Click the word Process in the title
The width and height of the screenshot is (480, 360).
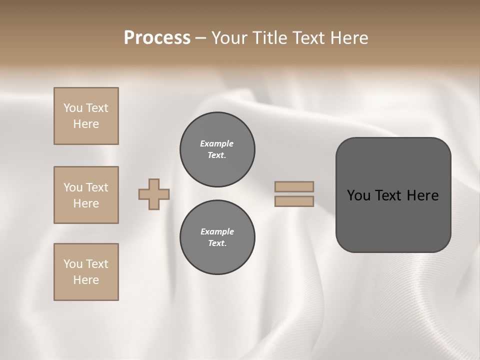pyautogui.click(x=157, y=38)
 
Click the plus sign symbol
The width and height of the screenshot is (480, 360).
pyautogui.click(x=154, y=194)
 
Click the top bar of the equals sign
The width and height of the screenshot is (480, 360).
pyautogui.click(x=294, y=186)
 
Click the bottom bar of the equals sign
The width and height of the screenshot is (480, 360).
pyautogui.click(x=294, y=201)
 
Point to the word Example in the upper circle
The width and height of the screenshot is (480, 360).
pyautogui.click(x=217, y=143)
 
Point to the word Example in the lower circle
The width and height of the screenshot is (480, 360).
pyautogui.click(x=217, y=231)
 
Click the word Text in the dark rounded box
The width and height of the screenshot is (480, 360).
pyautogui.click(x=389, y=195)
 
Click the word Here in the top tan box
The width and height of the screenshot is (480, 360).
pyautogui.click(x=86, y=124)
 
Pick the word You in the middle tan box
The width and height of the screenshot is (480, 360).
pyautogui.click(x=72, y=187)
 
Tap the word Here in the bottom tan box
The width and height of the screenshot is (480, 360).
pyautogui.click(x=86, y=280)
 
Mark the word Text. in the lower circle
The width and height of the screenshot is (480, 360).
pyautogui.click(x=217, y=243)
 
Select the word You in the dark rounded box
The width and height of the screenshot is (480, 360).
pyautogui.click(x=359, y=195)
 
